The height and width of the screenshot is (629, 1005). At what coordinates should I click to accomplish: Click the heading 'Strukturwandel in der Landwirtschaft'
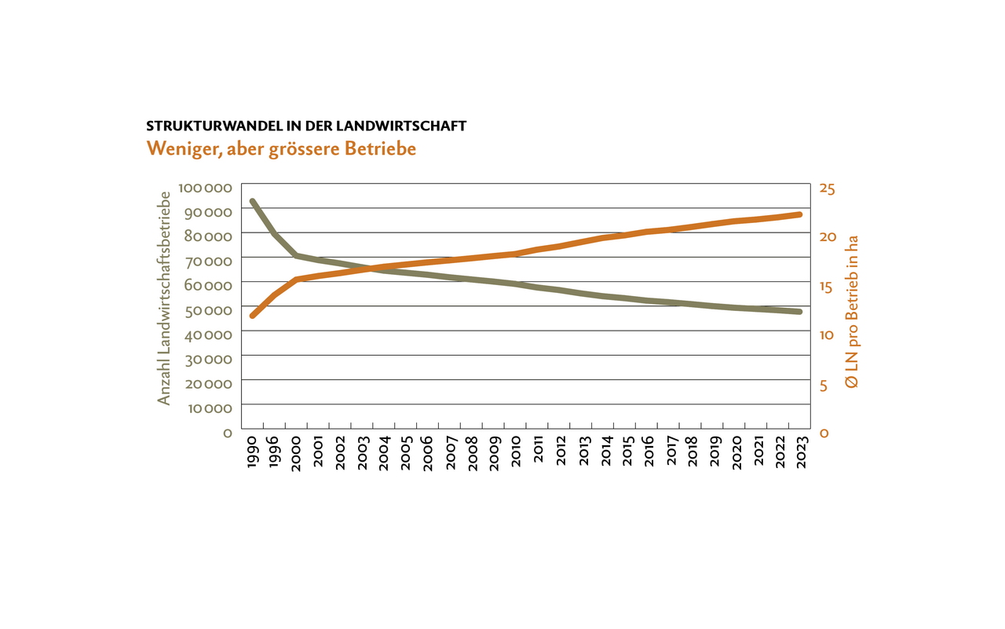coord(306,126)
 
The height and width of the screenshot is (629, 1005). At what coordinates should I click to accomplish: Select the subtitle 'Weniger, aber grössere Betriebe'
coord(280,148)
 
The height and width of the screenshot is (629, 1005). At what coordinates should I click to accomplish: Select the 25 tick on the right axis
coord(828,188)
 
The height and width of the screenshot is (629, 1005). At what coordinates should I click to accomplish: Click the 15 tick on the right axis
coord(828,287)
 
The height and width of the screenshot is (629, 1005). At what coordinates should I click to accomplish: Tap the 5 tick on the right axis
coord(823,385)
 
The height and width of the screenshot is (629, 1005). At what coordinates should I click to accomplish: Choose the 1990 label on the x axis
coord(252,455)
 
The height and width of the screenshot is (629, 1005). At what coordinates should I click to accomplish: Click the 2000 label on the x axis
coord(296,455)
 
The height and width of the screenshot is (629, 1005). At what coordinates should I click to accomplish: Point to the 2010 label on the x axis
coord(517,455)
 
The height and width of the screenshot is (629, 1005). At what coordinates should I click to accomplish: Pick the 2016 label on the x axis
coord(649,455)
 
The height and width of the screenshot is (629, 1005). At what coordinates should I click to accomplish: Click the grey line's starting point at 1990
coord(252,201)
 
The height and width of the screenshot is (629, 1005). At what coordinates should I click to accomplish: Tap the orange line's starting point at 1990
coord(252,316)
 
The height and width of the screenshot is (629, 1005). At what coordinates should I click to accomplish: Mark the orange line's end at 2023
coord(799,214)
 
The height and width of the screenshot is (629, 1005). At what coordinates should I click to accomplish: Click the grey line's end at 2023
coord(799,312)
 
